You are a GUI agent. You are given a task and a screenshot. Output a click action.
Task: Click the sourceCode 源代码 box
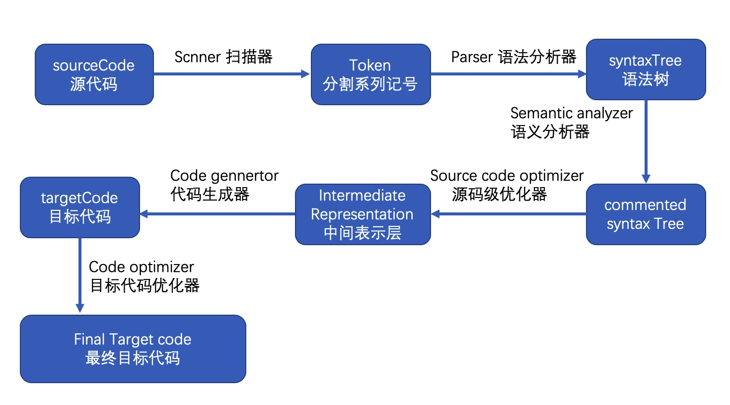[x=94, y=74]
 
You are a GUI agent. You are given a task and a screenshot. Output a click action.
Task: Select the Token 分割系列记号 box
[x=370, y=74]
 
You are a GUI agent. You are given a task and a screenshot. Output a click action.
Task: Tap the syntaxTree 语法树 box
[x=646, y=69]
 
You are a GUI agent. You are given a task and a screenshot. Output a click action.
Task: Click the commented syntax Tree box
[x=646, y=214]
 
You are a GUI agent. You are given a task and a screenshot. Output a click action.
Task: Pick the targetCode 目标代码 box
[x=79, y=207]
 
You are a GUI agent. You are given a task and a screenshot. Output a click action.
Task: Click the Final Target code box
[x=133, y=348]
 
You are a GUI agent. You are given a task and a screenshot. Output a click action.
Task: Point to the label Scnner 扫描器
[x=223, y=57]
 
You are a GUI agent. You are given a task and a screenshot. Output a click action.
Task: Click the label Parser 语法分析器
[x=513, y=57]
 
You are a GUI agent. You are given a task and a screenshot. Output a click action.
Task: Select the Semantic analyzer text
[x=571, y=113]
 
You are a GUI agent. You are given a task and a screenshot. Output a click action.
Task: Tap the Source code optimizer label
[x=507, y=176]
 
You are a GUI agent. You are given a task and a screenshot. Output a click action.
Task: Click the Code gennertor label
[x=224, y=176]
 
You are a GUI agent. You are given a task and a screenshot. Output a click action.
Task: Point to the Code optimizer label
[x=141, y=267]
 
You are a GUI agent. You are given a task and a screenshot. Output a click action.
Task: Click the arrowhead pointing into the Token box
[x=305, y=74]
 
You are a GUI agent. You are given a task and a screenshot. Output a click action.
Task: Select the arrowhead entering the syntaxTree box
[x=582, y=74]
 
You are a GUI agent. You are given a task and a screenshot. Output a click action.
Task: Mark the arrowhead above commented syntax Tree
[x=646, y=179]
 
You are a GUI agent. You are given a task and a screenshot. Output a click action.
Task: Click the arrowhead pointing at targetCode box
[x=145, y=214]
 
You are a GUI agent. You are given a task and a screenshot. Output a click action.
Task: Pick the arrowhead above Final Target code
[x=79, y=308]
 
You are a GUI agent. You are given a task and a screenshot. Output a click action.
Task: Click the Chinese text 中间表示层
[x=363, y=233]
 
